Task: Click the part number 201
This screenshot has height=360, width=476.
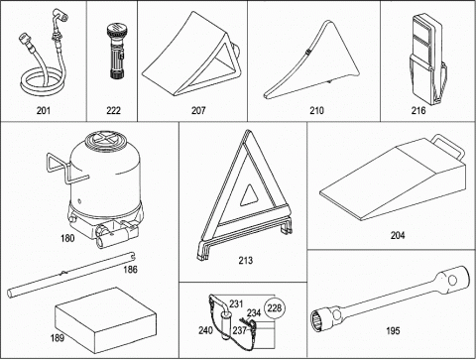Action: [x=44, y=110]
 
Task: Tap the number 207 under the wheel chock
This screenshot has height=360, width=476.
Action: [x=198, y=110]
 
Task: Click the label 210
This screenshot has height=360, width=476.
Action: [x=316, y=110]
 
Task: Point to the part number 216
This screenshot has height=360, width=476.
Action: [x=418, y=110]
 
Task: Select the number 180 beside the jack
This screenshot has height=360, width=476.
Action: [x=67, y=238]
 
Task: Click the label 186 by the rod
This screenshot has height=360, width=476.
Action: [x=131, y=270]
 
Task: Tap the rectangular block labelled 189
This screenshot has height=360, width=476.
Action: [x=105, y=319]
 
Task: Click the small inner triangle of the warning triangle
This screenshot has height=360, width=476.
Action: [x=250, y=195]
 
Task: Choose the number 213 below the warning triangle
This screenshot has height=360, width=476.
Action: [x=246, y=261]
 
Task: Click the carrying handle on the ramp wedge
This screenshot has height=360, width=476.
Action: [x=450, y=146]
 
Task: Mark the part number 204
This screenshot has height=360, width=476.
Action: [x=398, y=235]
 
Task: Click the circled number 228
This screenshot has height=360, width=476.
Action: [x=275, y=308]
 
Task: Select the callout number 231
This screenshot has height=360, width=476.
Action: [x=236, y=303]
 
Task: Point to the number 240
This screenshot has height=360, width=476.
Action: [x=205, y=330]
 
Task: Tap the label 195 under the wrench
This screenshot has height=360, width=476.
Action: [x=393, y=330]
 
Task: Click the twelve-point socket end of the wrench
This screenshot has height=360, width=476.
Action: [x=319, y=319]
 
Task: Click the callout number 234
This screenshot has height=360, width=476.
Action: [x=254, y=312]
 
